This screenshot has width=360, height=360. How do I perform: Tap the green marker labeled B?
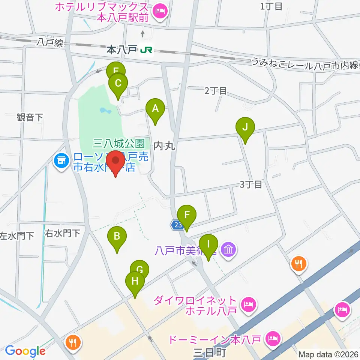[x=117, y=237]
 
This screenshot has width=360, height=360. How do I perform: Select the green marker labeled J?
[x=245, y=127]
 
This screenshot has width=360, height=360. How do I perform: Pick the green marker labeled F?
[x=186, y=215]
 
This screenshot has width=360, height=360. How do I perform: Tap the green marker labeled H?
[x=135, y=281]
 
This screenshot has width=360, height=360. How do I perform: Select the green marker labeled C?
[x=118, y=83]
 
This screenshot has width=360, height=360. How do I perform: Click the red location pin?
[x=115, y=162]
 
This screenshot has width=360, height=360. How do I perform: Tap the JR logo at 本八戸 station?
[x=146, y=49]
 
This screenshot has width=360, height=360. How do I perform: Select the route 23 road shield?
[x=177, y=225]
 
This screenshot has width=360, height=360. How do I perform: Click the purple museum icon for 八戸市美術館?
[x=228, y=249]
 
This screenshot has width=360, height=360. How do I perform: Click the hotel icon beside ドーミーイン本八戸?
[x=272, y=339]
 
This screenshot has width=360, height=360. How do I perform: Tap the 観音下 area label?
[x=30, y=117]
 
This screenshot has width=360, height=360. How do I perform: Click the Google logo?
[x=25, y=351]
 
